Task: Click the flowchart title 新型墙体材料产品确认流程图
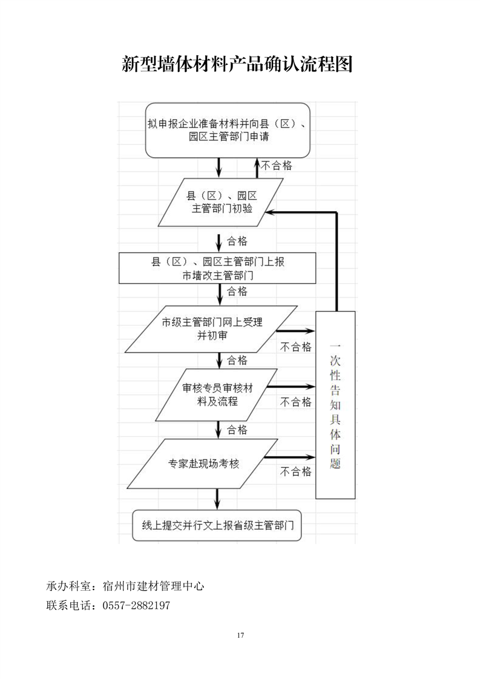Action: (237, 64)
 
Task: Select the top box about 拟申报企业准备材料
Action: (228, 130)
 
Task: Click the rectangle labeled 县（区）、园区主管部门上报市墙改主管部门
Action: (217, 268)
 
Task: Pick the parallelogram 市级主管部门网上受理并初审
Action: (212, 329)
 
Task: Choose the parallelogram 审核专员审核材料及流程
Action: (217, 394)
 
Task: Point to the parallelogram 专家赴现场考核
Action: (204, 464)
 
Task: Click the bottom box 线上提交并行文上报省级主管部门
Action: (217, 526)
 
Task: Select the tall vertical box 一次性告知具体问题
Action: (335, 404)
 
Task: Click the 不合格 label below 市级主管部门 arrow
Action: (295, 347)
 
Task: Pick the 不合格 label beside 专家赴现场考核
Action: (295, 471)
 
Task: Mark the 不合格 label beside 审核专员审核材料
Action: (295, 402)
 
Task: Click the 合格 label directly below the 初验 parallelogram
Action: (237, 241)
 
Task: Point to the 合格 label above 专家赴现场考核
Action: (237, 430)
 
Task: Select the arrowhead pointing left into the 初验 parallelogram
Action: (272, 212)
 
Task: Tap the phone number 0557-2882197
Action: (137, 605)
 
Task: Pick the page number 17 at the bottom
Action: (240, 635)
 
